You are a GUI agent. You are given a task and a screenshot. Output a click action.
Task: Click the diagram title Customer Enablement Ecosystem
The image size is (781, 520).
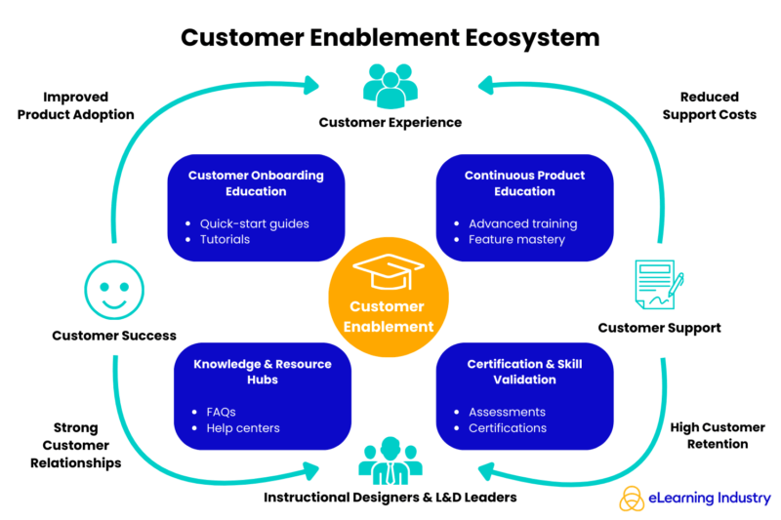pyautogui.click(x=390, y=37)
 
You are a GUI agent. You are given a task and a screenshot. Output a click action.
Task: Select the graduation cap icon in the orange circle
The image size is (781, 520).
pyautogui.click(x=389, y=269)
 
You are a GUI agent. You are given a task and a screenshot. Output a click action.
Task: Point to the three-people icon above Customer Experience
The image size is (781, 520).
pyautogui.click(x=390, y=86)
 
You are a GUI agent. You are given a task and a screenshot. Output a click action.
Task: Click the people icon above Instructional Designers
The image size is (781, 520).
pyautogui.click(x=390, y=463)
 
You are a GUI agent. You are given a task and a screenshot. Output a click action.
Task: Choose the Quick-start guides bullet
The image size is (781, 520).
pyautogui.click(x=254, y=223)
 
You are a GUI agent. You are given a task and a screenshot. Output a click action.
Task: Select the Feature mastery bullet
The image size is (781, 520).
pyautogui.click(x=516, y=240)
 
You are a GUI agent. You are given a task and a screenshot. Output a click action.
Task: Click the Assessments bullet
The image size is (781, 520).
pyautogui.click(x=507, y=412)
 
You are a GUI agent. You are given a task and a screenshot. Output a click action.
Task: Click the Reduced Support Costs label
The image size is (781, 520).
pyautogui.click(x=709, y=106)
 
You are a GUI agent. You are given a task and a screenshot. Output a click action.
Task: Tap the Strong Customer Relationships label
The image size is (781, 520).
pyautogui.click(x=75, y=445)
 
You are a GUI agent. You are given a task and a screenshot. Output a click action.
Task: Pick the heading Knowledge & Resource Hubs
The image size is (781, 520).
pyautogui.click(x=263, y=372)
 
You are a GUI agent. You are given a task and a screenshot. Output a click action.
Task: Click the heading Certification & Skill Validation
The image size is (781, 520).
pyautogui.click(x=524, y=372)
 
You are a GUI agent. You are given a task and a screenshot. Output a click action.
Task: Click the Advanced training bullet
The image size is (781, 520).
pyautogui.click(x=522, y=223)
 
